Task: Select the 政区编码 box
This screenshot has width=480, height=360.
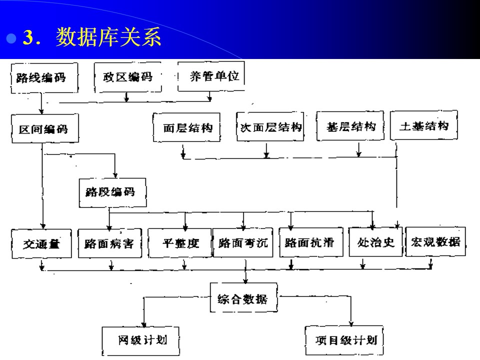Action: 128,77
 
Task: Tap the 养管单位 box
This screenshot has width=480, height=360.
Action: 211,76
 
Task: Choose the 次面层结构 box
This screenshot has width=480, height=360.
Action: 270,127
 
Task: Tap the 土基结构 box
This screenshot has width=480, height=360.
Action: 423,125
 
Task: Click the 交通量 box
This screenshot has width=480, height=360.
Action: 41,243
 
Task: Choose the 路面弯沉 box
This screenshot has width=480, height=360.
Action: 243,243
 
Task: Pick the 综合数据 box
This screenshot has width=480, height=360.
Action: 243,299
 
